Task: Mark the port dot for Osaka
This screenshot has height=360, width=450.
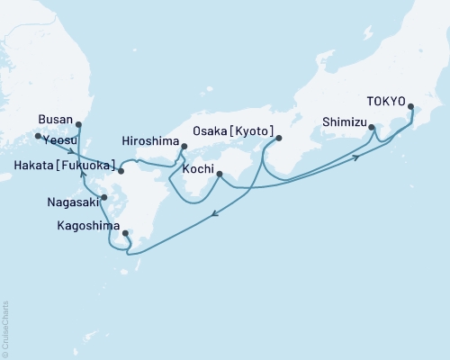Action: coord(279,138)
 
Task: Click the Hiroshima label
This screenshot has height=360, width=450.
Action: coord(149,139)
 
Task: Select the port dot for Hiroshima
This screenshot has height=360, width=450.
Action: coord(184,146)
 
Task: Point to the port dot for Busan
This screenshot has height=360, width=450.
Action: coord(77,125)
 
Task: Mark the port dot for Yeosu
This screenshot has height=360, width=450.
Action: coord(38,137)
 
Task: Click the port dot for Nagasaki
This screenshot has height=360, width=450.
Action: coord(104,197)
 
